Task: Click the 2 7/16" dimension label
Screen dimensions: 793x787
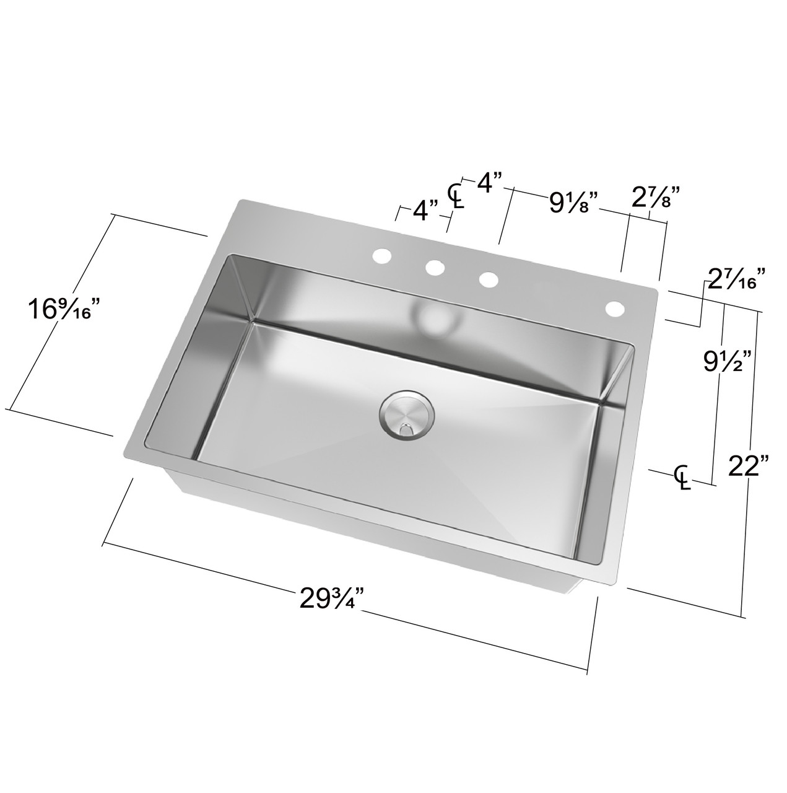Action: (737, 279)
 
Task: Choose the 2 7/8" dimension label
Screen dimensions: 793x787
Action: (656, 199)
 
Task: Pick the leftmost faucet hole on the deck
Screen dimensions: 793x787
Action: (381, 255)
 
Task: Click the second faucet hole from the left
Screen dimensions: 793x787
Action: (435, 268)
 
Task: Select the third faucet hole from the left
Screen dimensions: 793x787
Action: (489, 279)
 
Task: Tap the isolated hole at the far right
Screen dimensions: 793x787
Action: (615, 308)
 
